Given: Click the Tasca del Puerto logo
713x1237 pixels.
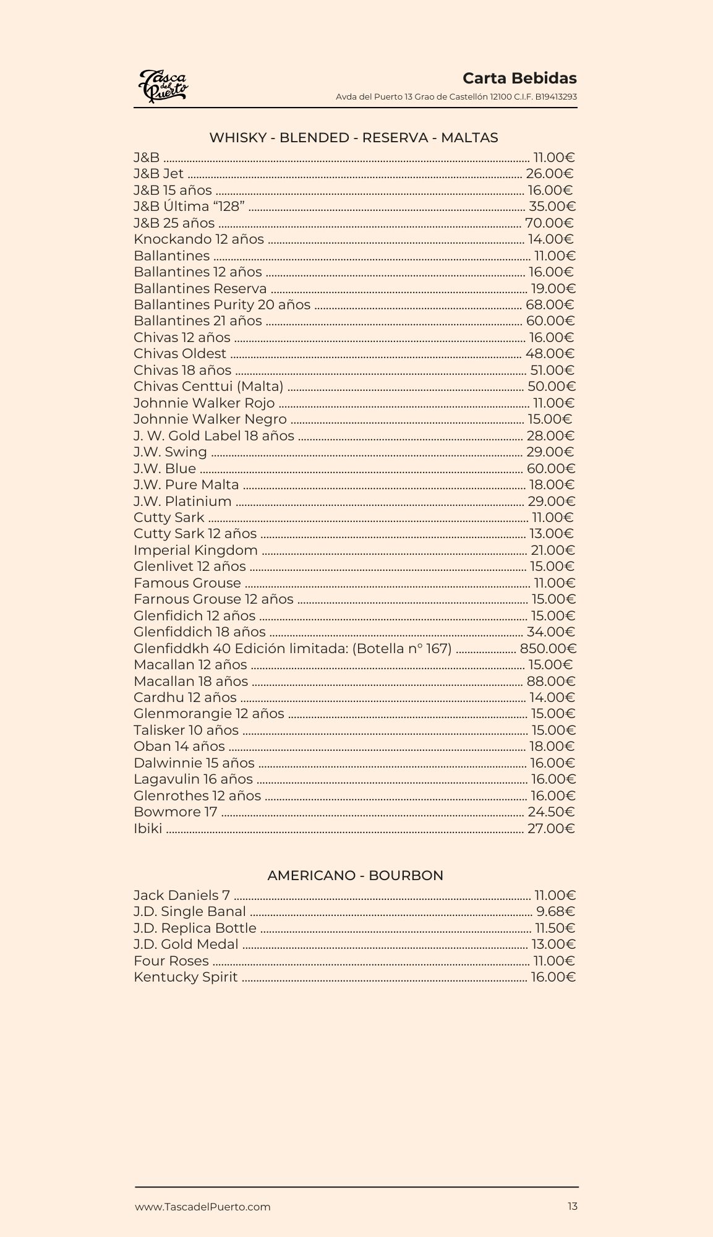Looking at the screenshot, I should click(163, 86).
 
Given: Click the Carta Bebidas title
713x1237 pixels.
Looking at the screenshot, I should click(519, 79).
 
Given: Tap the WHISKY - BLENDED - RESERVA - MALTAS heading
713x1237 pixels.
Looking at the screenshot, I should click(354, 138).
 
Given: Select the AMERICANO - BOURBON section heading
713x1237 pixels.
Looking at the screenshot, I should click(356, 876).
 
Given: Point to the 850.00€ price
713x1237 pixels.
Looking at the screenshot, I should click(548, 649).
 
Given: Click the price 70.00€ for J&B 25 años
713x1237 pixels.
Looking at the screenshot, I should click(549, 223).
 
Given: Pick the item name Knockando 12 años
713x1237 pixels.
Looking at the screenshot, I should click(199, 239).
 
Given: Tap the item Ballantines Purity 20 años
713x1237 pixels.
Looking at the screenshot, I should click(222, 305).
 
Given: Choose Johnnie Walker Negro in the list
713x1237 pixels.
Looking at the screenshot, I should click(210, 419).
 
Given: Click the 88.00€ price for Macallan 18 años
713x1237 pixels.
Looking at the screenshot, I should click(551, 682).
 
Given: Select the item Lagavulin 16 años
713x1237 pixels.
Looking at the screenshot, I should click(194, 779).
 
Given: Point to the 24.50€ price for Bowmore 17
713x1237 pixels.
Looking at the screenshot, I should click(551, 812).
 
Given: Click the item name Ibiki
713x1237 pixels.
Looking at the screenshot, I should click(148, 829).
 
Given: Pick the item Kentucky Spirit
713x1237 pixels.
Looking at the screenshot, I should click(186, 977).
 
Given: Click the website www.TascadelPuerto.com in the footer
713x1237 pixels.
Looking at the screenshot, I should click(203, 1207).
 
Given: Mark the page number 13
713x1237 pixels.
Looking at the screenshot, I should click(573, 1206).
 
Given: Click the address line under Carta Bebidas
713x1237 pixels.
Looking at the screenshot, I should click(456, 97).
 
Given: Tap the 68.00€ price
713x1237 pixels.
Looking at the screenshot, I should click(550, 305).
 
